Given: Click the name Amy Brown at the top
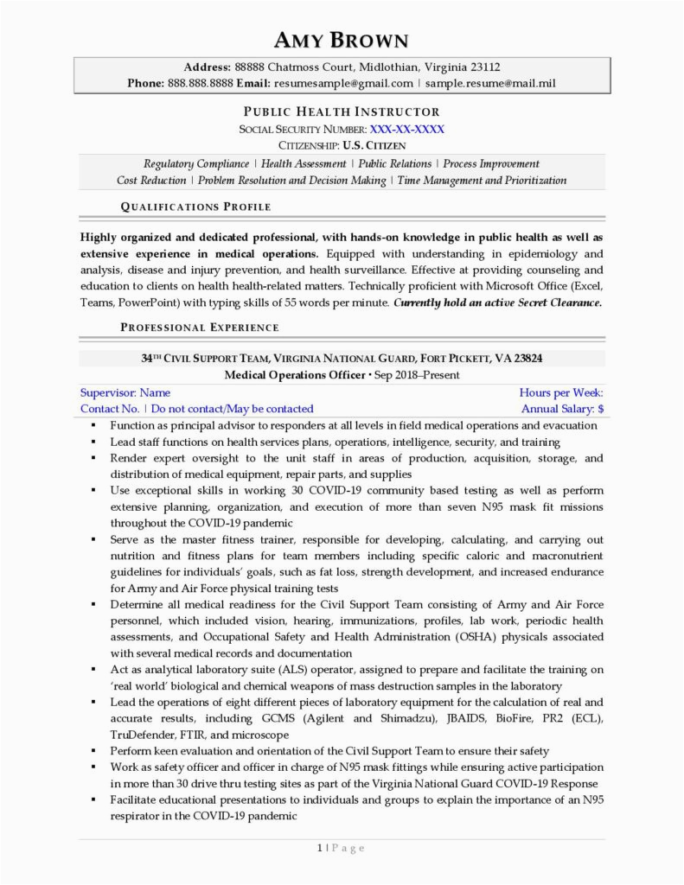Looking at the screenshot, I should click(342, 40).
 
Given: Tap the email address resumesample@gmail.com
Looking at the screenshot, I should click(343, 83).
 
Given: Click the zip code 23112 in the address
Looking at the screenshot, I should click(483, 67).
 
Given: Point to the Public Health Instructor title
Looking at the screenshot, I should click(342, 111).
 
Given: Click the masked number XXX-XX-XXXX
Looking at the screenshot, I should click(407, 129).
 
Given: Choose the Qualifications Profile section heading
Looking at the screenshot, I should click(195, 207).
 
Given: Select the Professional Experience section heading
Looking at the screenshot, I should click(200, 327).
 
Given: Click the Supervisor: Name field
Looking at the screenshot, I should click(125, 392).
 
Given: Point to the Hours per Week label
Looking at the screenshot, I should click(561, 392).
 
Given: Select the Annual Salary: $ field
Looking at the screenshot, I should click(562, 409).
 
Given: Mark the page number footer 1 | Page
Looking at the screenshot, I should click(341, 848).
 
